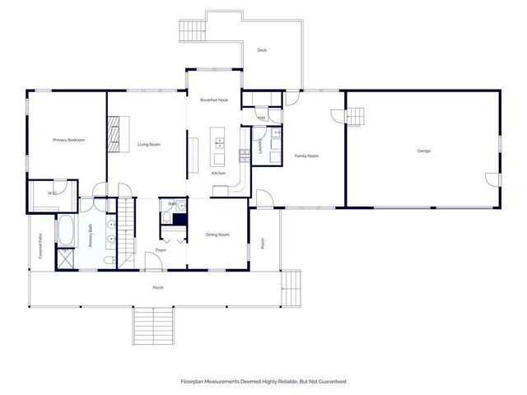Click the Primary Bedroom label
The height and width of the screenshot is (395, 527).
pos(69,140)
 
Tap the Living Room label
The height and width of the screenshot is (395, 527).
pos(148,145)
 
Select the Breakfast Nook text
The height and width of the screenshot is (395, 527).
pos(214,100)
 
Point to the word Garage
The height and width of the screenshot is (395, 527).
pos(424,151)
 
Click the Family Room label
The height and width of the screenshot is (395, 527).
pos(306,156)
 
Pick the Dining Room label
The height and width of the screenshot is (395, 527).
pos(217,235)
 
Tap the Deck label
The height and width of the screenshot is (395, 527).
pos(262,51)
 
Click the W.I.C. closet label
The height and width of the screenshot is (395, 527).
pos(52,193)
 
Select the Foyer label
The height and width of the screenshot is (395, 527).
pos(161,250)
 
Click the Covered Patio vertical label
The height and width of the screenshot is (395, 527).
pos(40,246)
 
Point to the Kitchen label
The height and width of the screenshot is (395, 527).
pos(218,174)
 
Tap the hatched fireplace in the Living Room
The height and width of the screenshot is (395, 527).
pos(114,130)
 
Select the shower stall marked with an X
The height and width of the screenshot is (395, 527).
pos(64,258)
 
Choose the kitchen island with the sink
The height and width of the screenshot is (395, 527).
pos(220,147)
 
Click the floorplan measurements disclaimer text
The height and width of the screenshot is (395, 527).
pos(263,381)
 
